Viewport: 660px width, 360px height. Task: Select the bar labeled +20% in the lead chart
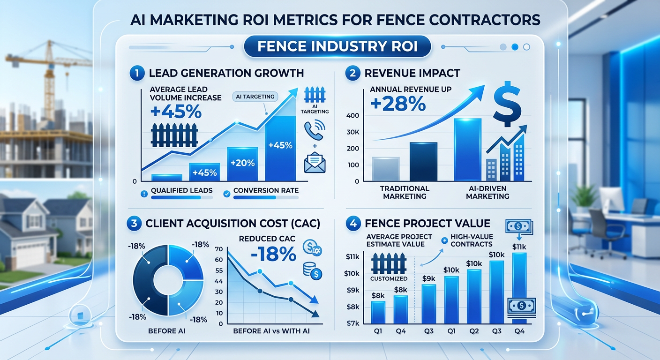[242, 164]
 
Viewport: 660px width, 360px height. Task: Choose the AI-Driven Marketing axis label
[487, 192]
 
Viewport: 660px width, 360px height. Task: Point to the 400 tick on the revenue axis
[353, 115]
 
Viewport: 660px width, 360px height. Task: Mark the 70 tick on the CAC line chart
[219, 249]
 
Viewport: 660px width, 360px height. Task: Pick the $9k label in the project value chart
[429, 278]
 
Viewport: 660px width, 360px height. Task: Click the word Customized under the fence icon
[389, 278]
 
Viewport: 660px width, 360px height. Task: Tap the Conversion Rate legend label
[265, 191]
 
